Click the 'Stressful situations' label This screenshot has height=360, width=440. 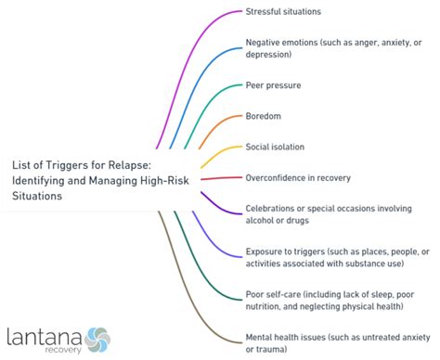coord(283,12)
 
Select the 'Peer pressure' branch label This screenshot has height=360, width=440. coord(273,85)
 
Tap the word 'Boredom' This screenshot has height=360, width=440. coord(264,116)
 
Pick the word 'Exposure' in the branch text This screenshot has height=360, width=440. coord(265,251)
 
